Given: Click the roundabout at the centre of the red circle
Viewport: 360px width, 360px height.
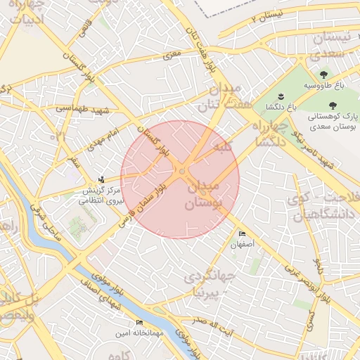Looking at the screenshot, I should coord(181,172).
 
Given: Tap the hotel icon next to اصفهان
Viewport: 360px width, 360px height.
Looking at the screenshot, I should coord(243,233).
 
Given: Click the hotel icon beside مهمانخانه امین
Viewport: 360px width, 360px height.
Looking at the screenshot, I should coord(139,322).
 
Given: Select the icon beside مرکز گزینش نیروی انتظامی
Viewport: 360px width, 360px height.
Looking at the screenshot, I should coord(103,179).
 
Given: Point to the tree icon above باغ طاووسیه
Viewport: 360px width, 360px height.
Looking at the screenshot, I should coord(323,74).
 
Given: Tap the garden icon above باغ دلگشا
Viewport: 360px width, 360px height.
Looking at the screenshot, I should coord(280,95).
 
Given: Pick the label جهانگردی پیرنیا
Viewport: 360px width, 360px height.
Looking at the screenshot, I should coord(204,283).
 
